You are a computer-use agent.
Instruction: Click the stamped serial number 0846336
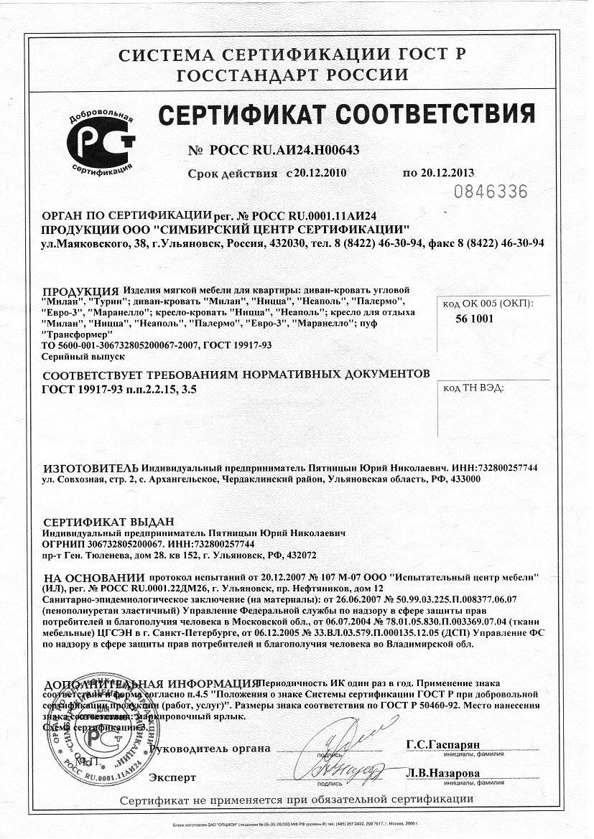point(492,192)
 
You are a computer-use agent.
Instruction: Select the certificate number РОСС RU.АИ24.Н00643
point(283,150)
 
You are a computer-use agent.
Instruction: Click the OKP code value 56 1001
point(474,320)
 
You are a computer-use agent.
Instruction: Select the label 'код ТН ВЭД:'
point(473,388)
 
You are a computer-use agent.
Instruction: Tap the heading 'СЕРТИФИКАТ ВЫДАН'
point(108,522)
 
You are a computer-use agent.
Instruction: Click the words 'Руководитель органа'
point(208,749)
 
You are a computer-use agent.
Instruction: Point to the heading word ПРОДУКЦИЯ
point(80,291)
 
